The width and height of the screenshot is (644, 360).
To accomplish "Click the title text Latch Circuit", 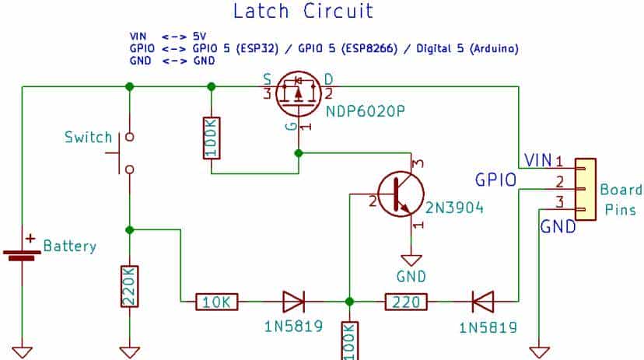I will [303, 11].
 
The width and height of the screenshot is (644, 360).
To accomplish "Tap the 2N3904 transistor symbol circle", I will [401, 194].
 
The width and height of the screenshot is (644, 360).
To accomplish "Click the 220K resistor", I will [130, 288].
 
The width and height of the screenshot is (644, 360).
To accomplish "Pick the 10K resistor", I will [210, 300].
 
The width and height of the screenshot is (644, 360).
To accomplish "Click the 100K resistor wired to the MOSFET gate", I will [212, 138].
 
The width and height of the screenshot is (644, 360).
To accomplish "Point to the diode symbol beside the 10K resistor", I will [293, 300].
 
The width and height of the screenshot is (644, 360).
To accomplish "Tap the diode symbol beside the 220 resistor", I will [483, 300].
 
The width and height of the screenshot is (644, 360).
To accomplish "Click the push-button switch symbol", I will [125, 152].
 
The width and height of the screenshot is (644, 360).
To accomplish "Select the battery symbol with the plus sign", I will [24, 250].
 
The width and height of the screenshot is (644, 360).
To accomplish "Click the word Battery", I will [70, 246].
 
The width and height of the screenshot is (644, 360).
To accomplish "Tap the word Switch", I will [88, 138].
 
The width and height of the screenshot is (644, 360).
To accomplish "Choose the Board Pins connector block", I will [585, 188].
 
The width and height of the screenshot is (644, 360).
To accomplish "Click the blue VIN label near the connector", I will [537, 160].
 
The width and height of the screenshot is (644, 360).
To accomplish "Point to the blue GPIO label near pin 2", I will [495, 180].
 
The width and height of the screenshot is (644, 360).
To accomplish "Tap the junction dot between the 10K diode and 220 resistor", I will [350, 301].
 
